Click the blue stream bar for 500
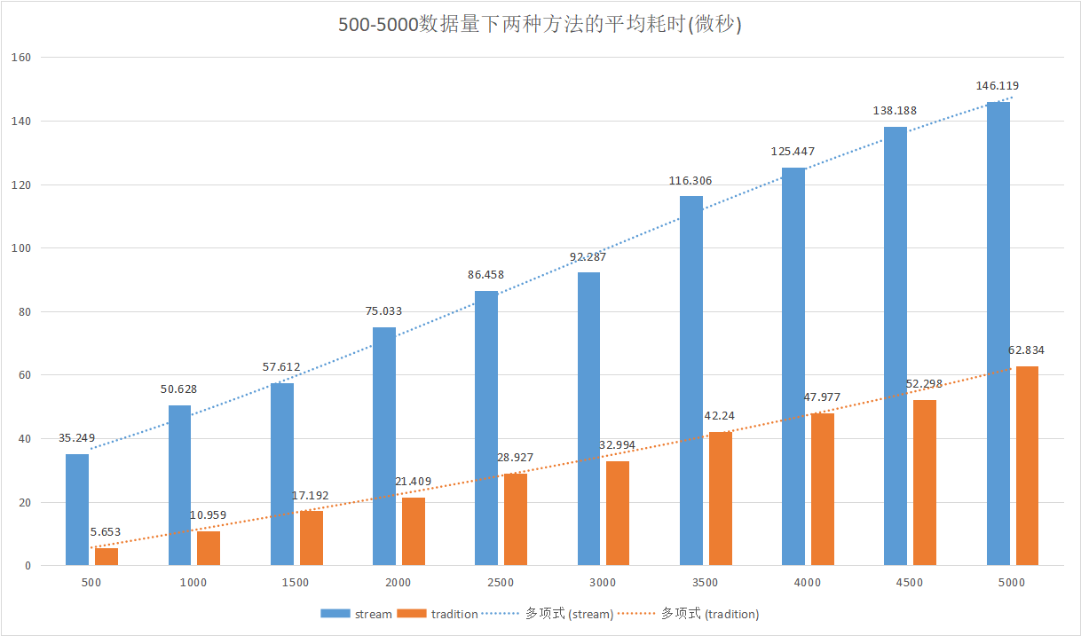click(x=77, y=510)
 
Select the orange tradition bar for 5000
click(x=1027, y=466)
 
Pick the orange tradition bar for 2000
click(x=414, y=531)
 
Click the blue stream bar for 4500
click(x=896, y=346)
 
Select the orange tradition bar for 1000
click(x=209, y=548)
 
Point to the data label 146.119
click(x=998, y=86)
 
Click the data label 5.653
click(x=106, y=532)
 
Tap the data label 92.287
click(x=588, y=257)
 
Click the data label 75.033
click(x=384, y=311)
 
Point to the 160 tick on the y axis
click(x=22, y=58)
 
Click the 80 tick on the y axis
click(x=25, y=311)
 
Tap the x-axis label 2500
click(x=501, y=583)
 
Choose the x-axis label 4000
click(x=808, y=583)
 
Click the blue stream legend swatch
click(x=335, y=614)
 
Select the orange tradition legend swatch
click(x=412, y=614)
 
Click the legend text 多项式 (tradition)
click(x=710, y=614)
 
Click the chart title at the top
click(x=540, y=25)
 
